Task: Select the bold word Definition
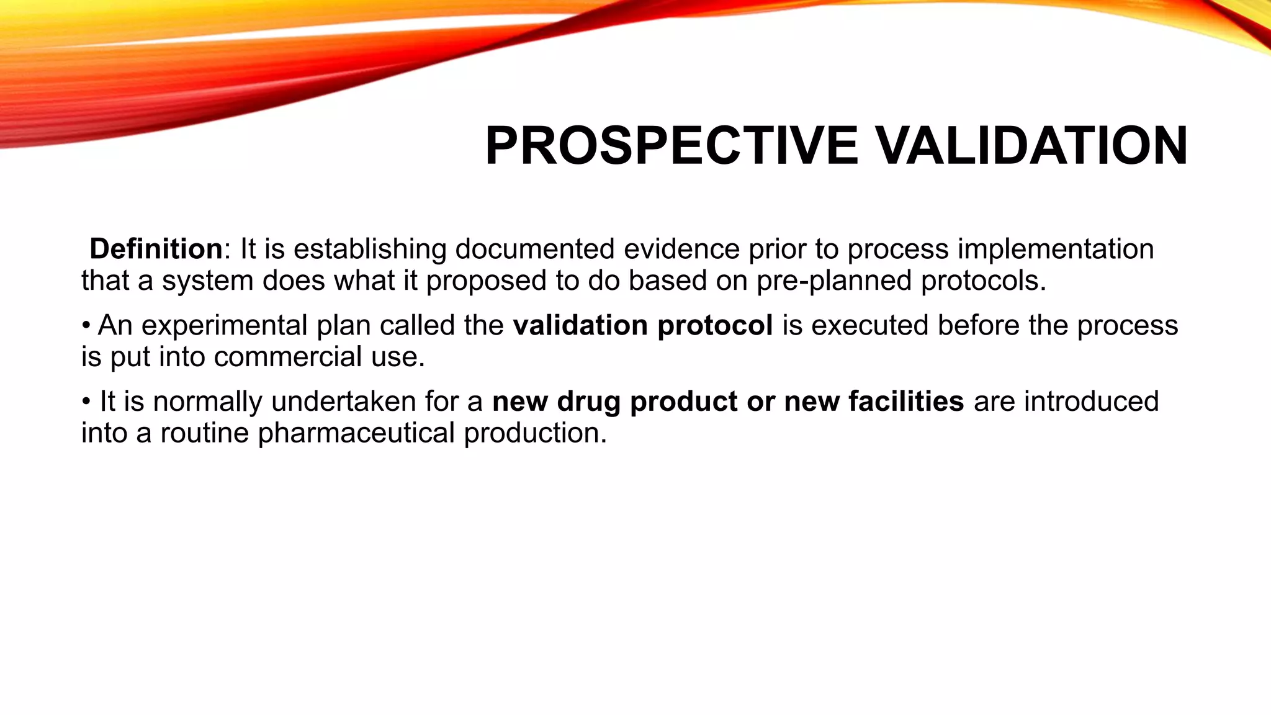click(x=156, y=250)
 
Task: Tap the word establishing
click(x=369, y=250)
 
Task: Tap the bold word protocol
click(x=714, y=326)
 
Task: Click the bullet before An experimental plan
click(x=86, y=326)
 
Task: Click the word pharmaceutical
click(x=356, y=433)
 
